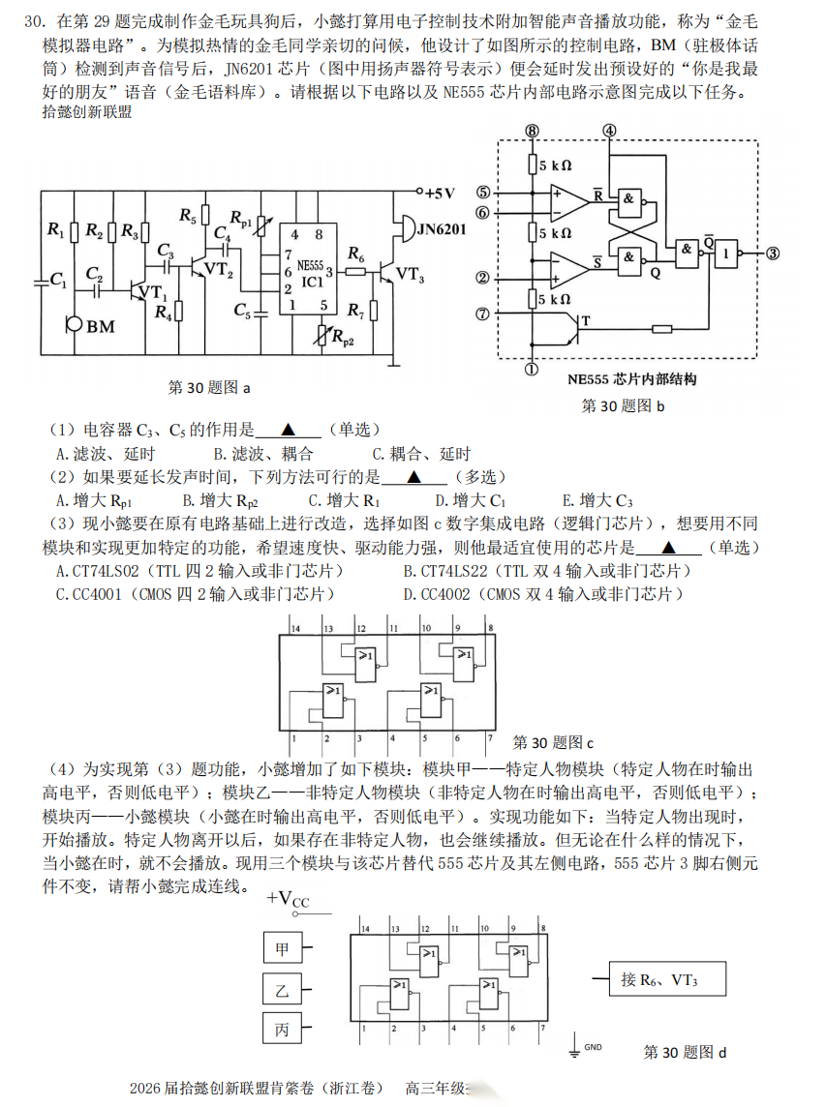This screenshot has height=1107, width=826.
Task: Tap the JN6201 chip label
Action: coord(441,229)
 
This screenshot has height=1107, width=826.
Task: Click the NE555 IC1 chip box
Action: coord(309,270)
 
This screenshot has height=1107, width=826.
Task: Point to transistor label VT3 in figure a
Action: coord(410,275)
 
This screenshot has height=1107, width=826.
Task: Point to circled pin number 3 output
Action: coord(772,254)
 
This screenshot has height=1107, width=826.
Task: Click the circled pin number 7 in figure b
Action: coord(483,314)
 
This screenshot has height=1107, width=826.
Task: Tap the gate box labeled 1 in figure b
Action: coord(724,254)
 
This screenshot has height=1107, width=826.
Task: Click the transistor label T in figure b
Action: coord(583,320)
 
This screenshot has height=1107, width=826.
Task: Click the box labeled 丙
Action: coord(282,1029)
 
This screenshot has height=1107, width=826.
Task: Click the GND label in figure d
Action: coord(593,1047)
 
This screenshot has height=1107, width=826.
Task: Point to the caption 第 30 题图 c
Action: coord(552,742)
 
